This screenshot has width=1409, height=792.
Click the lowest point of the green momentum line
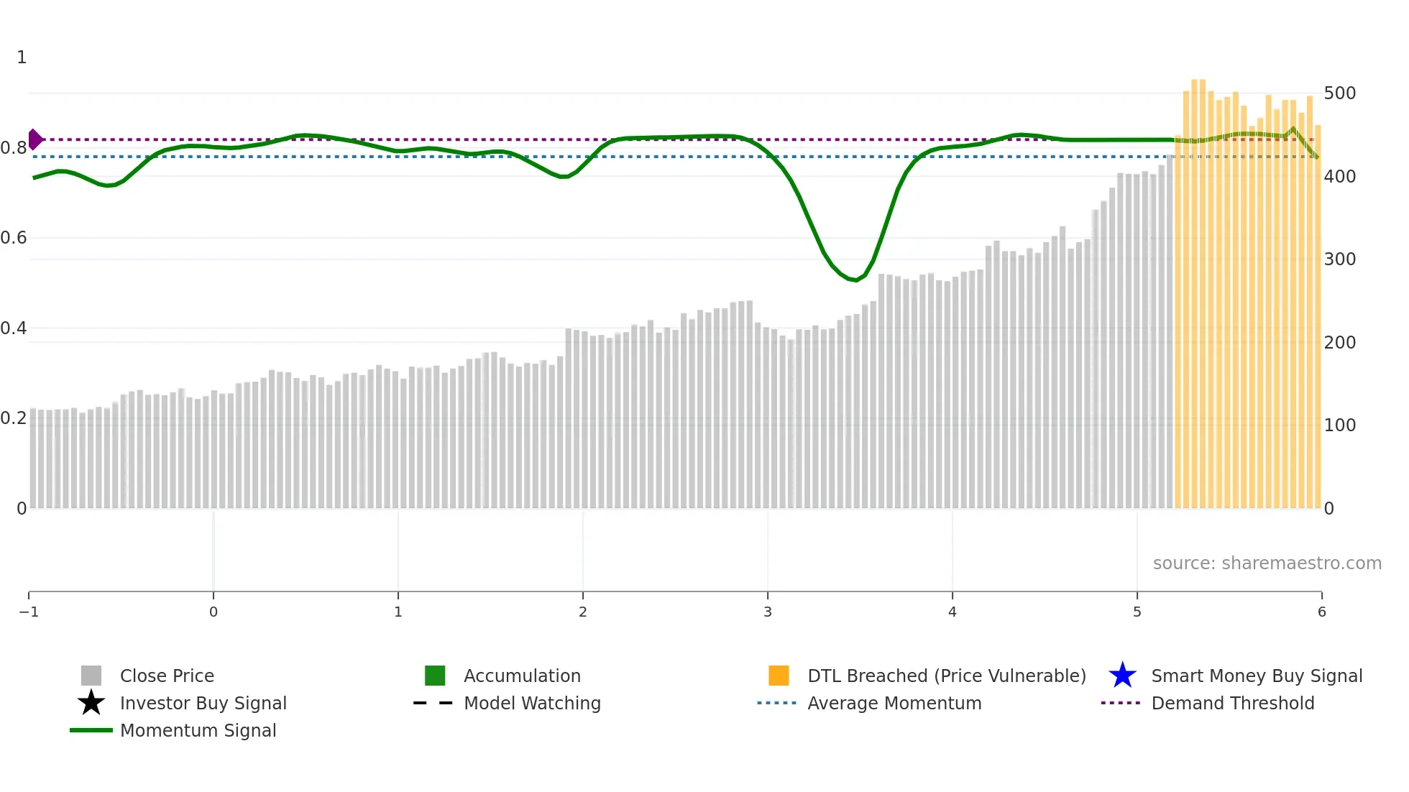pyautogui.click(x=855, y=280)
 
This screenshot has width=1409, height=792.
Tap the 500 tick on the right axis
pyautogui.click(x=1339, y=93)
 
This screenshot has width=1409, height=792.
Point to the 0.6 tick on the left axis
pyautogui.click(x=14, y=238)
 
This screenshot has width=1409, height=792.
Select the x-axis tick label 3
pyautogui.click(x=767, y=612)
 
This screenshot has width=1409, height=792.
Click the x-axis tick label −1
pyautogui.click(x=29, y=612)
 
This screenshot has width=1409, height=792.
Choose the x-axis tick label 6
pyautogui.click(x=1321, y=612)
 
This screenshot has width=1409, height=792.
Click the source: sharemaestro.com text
pyautogui.click(x=1267, y=563)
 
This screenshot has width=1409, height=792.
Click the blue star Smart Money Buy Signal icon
pyautogui.click(x=1122, y=676)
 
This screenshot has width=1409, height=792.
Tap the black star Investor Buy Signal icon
pyautogui.click(x=91, y=703)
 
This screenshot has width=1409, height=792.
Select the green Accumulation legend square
pyautogui.click(x=435, y=676)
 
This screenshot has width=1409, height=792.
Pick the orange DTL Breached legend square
pyautogui.click(x=779, y=676)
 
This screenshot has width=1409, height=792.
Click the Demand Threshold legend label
pyautogui.click(x=1232, y=703)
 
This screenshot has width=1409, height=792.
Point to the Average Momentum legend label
pyautogui.click(x=894, y=703)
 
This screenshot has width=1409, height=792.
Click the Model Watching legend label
pyautogui.click(x=532, y=703)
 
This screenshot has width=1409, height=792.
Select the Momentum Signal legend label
pyautogui.click(x=198, y=730)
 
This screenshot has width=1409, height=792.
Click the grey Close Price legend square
pyautogui.click(x=91, y=676)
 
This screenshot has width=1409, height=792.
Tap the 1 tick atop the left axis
pyautogui.click(x=22, y=57)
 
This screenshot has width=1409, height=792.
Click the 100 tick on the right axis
pyautogui.click(x=1339, y=425)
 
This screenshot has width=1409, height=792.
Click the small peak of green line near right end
pyautogui.click(x=1293, y=129)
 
